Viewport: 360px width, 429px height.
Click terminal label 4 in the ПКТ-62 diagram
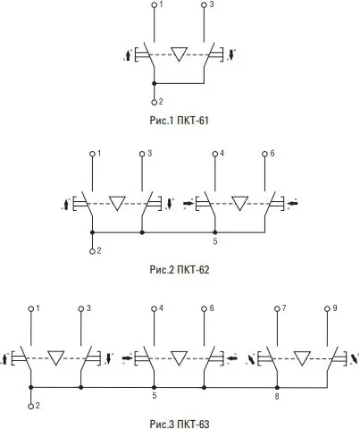221,154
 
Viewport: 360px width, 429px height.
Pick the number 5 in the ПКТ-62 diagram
215,241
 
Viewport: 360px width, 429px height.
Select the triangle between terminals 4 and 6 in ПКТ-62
239,202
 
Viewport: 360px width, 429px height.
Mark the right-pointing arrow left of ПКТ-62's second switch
188,203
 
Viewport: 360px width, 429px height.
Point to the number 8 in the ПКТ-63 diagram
277,394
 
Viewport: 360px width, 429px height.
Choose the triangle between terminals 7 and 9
302,357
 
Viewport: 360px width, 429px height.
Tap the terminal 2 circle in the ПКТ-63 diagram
31,406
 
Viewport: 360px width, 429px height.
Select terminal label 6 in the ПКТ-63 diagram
211,308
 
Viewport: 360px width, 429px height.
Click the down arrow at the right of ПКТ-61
231,55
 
